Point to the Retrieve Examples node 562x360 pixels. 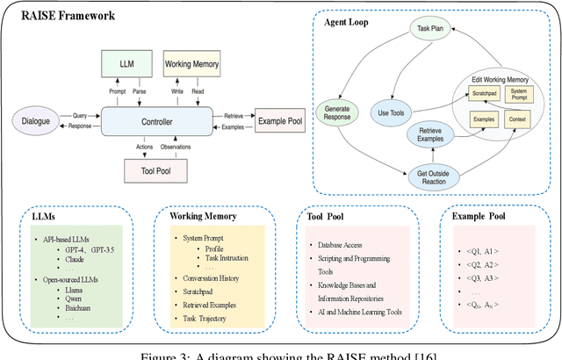pos(435,135)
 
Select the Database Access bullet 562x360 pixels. pos(335,243)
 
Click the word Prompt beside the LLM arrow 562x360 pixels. pos(118,90)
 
